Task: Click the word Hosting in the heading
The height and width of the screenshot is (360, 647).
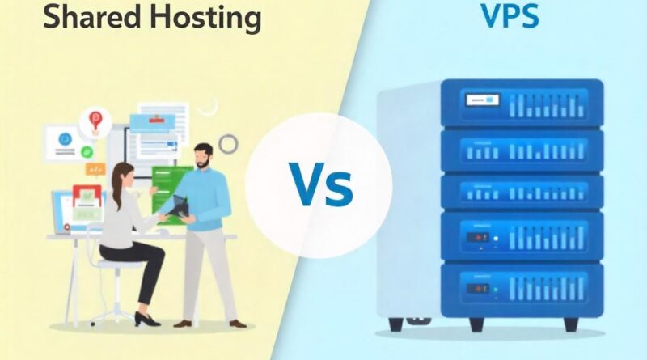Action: [201, 19]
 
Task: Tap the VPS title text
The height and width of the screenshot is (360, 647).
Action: [510, 16]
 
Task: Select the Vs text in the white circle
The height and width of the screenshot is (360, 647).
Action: [320, 184]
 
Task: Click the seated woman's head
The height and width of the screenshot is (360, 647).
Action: [123, 175]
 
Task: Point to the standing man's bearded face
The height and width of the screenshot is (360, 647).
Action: [203, 157]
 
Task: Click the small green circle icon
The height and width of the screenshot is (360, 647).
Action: [87, 152]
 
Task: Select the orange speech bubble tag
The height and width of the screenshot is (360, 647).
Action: [95, 169]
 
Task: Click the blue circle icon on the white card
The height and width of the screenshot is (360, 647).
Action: [65, 139]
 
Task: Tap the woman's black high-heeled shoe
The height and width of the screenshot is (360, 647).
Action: [146, 319]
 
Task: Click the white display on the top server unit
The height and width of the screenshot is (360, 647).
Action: [482, 100]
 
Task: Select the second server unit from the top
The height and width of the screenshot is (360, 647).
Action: [522, 150]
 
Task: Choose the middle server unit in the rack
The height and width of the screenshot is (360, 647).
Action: [522, 193]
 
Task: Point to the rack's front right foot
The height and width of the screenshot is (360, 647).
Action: [571, 324]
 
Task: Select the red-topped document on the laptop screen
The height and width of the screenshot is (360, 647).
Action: [87, 197]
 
